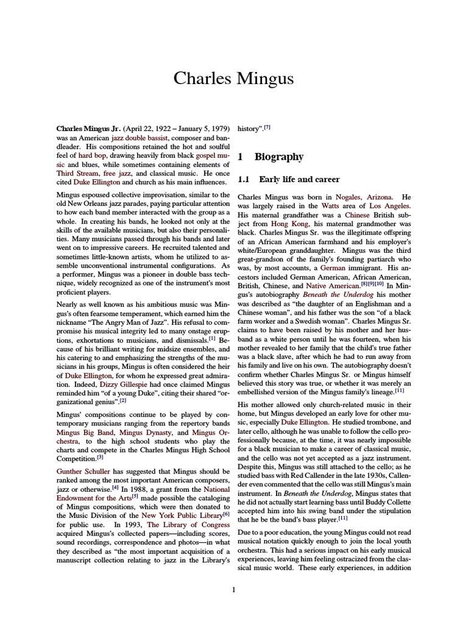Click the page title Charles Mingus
[233, 79]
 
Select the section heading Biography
[278, 157]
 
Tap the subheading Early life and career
[299, 179]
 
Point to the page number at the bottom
[234, 589]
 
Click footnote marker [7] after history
[267, 129]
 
